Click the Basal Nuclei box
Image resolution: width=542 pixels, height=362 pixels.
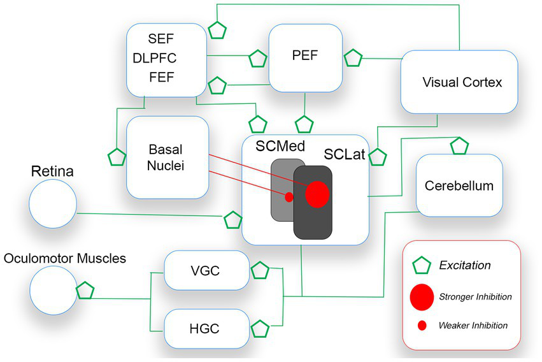(168, 157)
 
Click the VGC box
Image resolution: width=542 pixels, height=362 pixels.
(205, 270)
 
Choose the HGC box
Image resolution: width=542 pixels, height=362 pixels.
(205, 329)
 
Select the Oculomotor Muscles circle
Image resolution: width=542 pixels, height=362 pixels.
(53, 289)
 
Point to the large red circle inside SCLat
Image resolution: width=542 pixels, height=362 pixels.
(317, 194)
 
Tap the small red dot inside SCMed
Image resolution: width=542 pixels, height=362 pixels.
(289, 197)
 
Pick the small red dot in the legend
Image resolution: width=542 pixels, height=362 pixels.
(422, 326)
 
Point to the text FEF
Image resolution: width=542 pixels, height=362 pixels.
(161, 78)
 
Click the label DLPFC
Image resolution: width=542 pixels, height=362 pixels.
(155, 59)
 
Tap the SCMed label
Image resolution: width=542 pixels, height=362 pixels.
(277, 146)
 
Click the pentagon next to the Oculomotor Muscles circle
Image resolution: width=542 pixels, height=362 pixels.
(85, 291)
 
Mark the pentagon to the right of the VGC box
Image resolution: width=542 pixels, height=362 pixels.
(260, 271)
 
